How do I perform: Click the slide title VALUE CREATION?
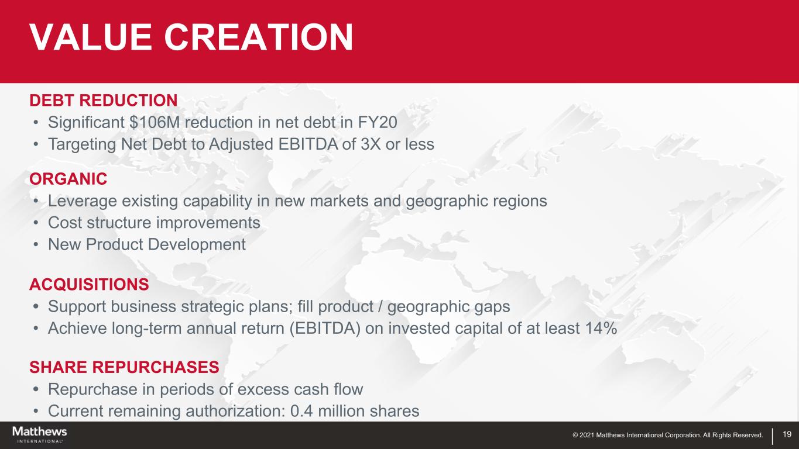click(x=191, y=37)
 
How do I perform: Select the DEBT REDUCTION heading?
click(x=104, y=100)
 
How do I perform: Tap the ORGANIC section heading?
click(x=68, y=179)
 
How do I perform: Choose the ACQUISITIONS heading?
click(x=89, y=284)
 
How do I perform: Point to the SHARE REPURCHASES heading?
click(x=124, y=367)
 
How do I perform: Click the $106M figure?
click(x=155, y=122)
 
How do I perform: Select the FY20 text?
click(x=377, y=122)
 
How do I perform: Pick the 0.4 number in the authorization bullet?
click(x=301, y=411)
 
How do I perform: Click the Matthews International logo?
click(x=40, y=434)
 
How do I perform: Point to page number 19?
click(x=787, y=434)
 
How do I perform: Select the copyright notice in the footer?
click(x=668, y=435)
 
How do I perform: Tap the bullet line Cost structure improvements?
click(x=154, y=223)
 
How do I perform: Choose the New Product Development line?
click(x=147, y=244)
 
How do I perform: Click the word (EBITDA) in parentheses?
click(x=325, y=328)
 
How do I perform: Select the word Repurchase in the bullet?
click(x=92, y=389)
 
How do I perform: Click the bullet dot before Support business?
click(x=36, y=306)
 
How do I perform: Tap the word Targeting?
click(x=83, y=144)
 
